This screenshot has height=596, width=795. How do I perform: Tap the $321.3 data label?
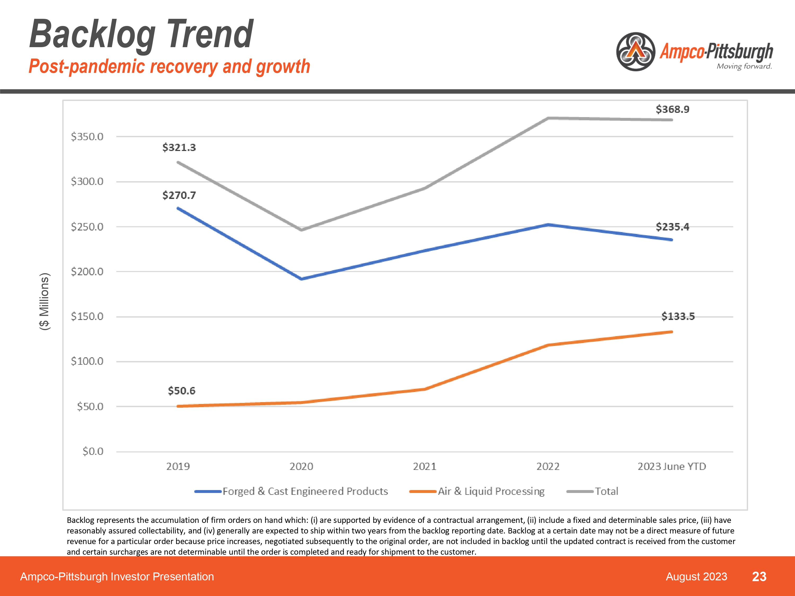(x=179, y=147)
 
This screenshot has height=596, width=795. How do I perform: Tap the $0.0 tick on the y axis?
(x=93, y=451)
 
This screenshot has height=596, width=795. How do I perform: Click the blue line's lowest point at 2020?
(x=301, y=279)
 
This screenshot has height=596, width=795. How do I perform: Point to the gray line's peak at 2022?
(x=548, y=118)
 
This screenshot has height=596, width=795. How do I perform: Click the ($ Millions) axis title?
(x=45, y=301)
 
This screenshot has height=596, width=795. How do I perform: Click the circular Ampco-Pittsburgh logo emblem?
(x=635, y=52)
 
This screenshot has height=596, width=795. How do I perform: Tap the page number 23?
(x=759, y=577)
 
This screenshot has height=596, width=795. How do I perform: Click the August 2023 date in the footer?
(x=696, y=577)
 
